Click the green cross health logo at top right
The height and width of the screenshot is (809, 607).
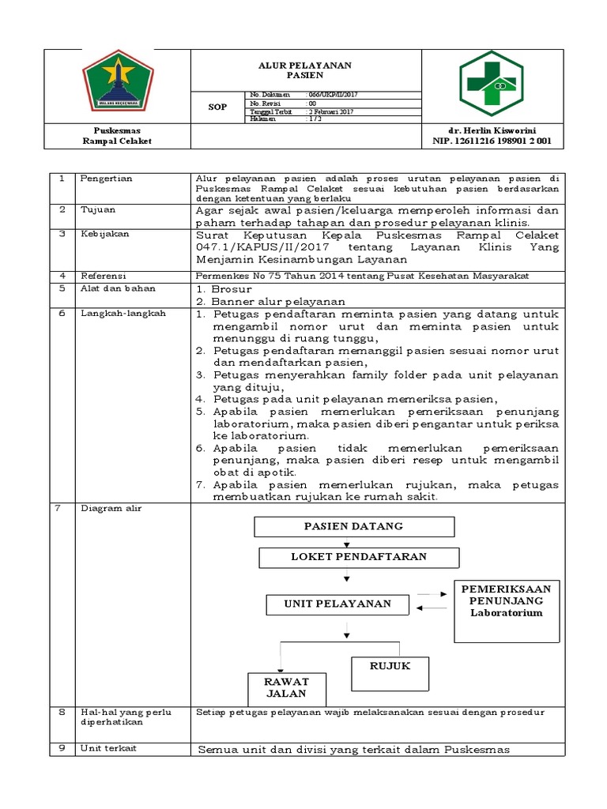pyautogui.click(x=492, y=85)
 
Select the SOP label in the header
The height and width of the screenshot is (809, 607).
pyautogui.click(x=217, y=106)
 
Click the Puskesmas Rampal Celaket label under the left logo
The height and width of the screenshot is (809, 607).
pyautogui.click(x=117, y=135)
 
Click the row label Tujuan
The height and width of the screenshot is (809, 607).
pyautogui.click(x=98, y=210)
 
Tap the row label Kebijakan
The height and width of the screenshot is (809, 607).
pyautogui.click(x=103, y=235)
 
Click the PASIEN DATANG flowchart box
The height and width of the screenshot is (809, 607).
pyautogui.click(x=353, y=526)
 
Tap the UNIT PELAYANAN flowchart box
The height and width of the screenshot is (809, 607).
pyautogui.click(x=337, y=604)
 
